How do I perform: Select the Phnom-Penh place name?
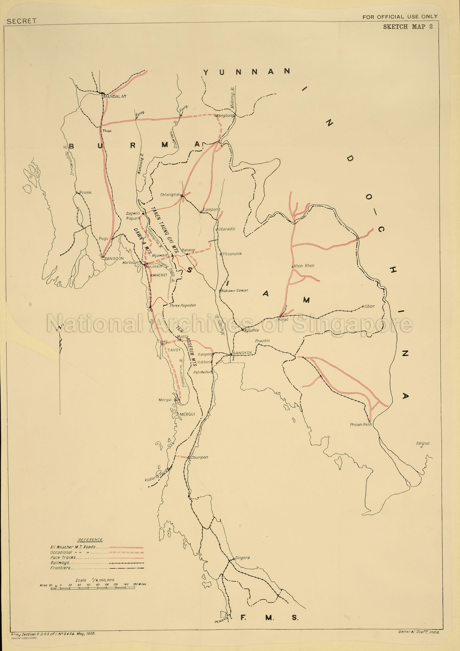(361, 424)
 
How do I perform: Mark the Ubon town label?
(370, 306)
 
